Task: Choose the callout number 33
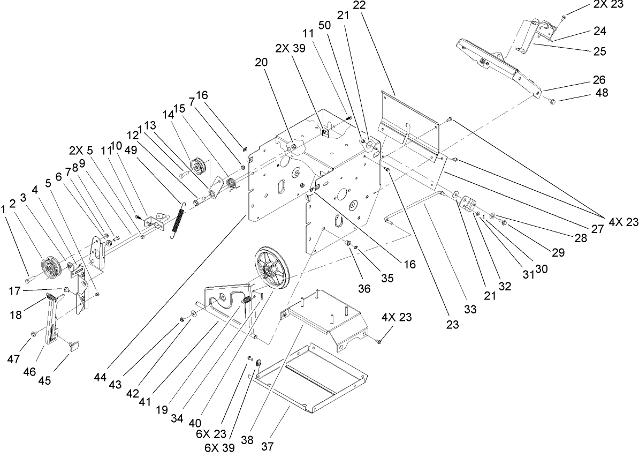coord(470,310)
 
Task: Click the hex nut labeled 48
coord(553,100)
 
